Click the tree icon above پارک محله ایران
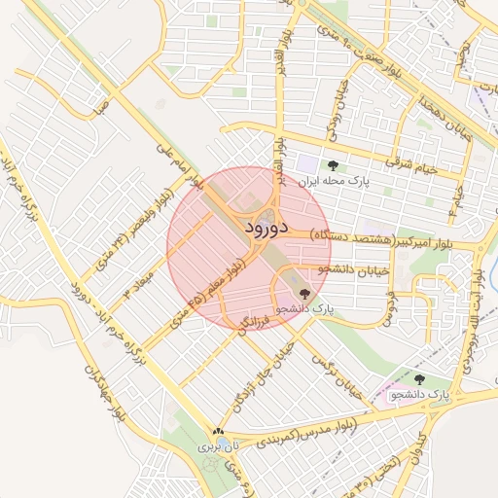tap(335, 165)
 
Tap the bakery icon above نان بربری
tap(218, 432)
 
